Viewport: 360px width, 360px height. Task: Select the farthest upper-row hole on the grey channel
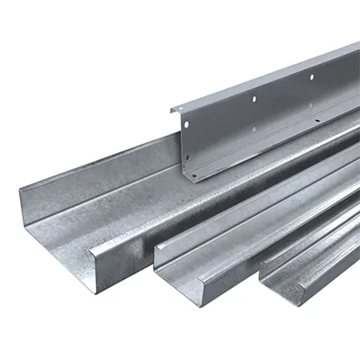tap(311, 76)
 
